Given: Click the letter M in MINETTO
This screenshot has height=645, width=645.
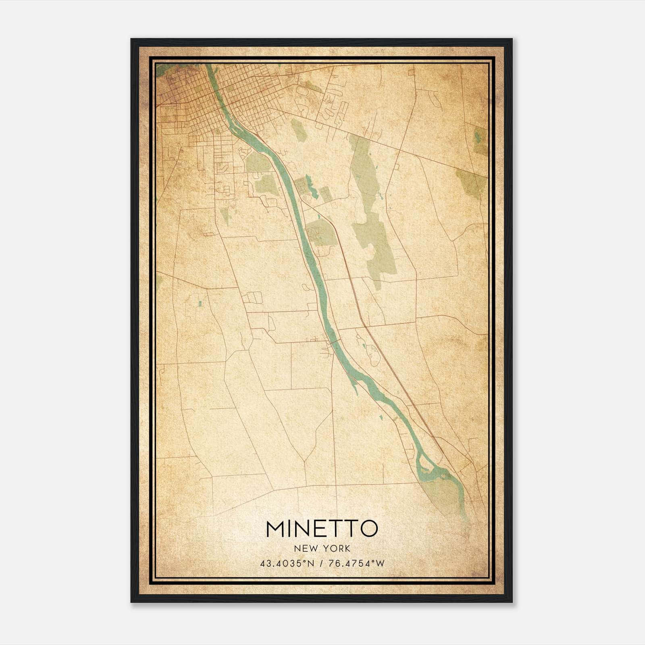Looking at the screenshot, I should point(275,529).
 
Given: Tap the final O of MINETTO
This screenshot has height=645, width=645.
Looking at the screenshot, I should point(368,529).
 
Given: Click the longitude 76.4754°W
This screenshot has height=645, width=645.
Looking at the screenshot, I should point(356,563).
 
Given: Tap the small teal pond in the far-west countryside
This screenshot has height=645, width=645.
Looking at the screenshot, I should point(199,303).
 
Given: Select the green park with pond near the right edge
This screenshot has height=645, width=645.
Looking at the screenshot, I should point(479,139).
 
